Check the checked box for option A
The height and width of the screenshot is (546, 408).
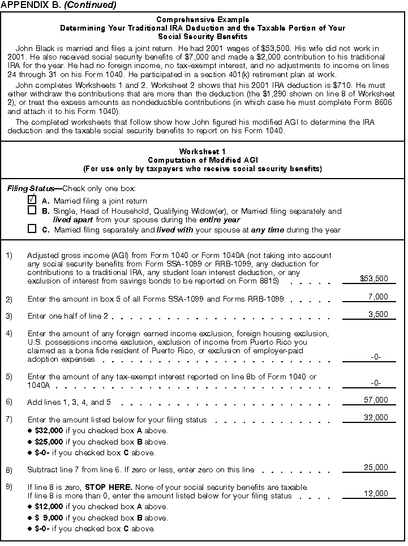click(x=32, y=200)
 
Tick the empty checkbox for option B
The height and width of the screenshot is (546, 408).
click(x=32, y=210)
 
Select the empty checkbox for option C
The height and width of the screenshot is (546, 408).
click(x=32, y=229)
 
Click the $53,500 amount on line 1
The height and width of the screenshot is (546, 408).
click(x=374, y=278)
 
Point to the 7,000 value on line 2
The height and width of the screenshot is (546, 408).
click(x=377, y=297)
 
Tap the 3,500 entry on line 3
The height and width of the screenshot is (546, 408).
click(x=377, y=314)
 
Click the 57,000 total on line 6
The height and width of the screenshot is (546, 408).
click(x=376, y=400)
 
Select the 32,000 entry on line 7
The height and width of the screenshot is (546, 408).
click(x=376, y=418)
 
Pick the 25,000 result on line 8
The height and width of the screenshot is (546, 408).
click(x=376, y=468)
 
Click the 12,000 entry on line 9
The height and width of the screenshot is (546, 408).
click(x=376, y=494)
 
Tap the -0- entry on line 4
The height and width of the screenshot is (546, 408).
click(x=376, y=357)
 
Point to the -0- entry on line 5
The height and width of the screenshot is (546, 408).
click(x=376, y=383)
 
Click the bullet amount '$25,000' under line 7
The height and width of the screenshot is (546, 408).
click(x=49, y=442)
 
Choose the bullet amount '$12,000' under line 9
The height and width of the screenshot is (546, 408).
click(x=49, y=506)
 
